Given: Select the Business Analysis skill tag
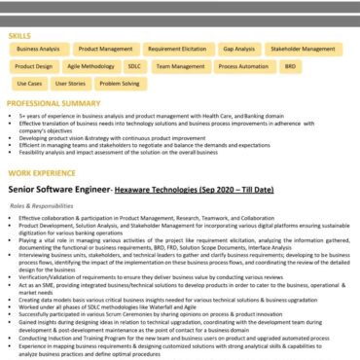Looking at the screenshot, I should click(36, 48).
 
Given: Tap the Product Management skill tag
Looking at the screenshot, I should click(105, 48).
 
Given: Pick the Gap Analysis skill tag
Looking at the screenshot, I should click(238, 48).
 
